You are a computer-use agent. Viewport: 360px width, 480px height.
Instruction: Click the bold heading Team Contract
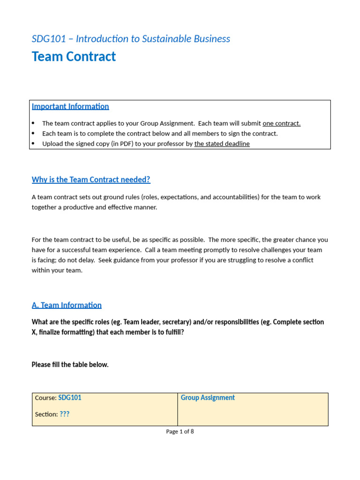74,57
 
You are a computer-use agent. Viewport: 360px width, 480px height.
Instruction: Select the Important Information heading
70,106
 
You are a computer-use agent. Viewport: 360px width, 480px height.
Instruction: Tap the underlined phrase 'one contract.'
281,124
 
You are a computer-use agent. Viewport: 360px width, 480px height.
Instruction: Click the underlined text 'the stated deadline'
222,144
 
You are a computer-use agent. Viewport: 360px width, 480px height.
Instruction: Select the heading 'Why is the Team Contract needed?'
91,180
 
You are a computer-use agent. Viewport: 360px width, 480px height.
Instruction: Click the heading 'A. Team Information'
67,305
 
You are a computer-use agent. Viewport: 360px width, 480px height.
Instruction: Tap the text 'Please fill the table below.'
70,365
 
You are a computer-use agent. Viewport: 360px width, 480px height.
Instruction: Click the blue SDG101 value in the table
70,398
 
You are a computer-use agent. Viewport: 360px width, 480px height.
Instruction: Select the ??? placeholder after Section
65,414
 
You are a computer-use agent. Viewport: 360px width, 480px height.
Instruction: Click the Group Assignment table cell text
208,398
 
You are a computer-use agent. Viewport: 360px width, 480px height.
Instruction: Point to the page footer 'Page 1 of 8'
180,432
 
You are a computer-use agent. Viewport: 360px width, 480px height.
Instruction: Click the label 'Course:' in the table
45,398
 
